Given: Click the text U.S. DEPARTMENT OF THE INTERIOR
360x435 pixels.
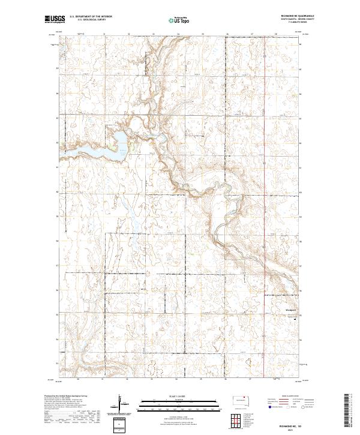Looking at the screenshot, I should (88, 17).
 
